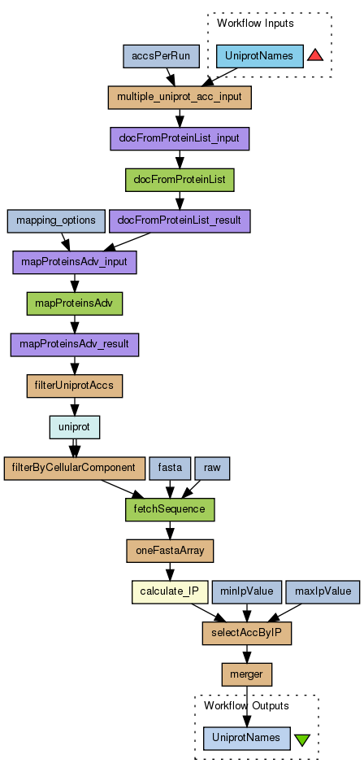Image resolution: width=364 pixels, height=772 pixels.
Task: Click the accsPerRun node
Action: (x=161, y=56)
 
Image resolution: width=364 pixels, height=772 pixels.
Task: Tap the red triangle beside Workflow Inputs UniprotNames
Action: (x=314, y=55)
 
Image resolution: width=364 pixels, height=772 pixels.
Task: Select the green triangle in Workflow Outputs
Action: (x=301, y=739)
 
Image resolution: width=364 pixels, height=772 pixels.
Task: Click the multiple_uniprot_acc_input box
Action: (x=180, y=98)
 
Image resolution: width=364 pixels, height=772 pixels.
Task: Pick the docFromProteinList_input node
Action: (x=180, y=139)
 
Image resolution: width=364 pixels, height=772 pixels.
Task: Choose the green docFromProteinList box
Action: (x=180, y=180)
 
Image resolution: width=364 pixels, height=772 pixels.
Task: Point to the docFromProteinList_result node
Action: (x=180, y=221)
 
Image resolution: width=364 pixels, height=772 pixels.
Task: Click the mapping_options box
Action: (x=56, y=221)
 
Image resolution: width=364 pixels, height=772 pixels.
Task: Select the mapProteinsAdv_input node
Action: (x=74, y=263)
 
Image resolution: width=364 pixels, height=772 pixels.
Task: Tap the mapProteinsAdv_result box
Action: (x=74, y=345)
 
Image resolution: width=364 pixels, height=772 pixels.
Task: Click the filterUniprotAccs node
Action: (x=74, y=386)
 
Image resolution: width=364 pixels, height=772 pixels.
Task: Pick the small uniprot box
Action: (x=74, y=427)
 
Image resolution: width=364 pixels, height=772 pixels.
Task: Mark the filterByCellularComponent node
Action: (x=74, y=469)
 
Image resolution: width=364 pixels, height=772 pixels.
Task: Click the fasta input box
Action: (x=170, y=469)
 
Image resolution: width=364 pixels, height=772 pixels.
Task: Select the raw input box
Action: (x=212, y=469)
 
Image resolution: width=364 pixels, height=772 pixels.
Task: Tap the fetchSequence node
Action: (x=170, y=509)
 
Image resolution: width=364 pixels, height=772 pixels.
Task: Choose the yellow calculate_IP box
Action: (x=170, y=592)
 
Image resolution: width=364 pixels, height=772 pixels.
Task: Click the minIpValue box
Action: (x=247, y=592)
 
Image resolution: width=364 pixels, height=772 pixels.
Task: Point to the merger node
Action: (x=247, y=674)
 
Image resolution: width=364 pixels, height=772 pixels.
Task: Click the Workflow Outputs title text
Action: (x=246, y=706)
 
